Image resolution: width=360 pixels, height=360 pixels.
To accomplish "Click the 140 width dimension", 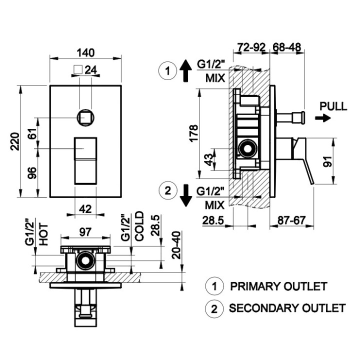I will [x=85, y=52].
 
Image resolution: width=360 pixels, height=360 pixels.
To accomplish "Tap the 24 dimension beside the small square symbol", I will [x=90, y=70].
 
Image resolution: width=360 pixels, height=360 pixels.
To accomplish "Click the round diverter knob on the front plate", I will [x=85, y=117].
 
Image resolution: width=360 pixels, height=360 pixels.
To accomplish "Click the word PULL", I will [x=333, y=106].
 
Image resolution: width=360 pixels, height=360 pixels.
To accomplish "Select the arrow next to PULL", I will [x=322, y=118].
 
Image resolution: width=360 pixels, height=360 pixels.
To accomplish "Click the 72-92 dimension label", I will [x=251, y=47].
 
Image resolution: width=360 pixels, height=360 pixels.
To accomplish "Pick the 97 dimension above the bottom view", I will [x=85, y=231].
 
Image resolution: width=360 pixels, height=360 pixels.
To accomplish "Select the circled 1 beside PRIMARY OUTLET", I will [x=214, y=286].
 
